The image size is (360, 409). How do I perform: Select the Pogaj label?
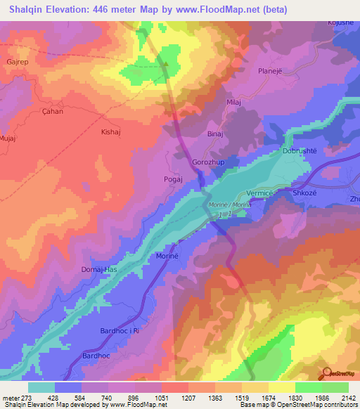pos(173,179)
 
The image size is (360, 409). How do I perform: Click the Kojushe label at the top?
pos(341,22)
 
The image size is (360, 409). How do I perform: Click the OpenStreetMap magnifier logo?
pos(328,374)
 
